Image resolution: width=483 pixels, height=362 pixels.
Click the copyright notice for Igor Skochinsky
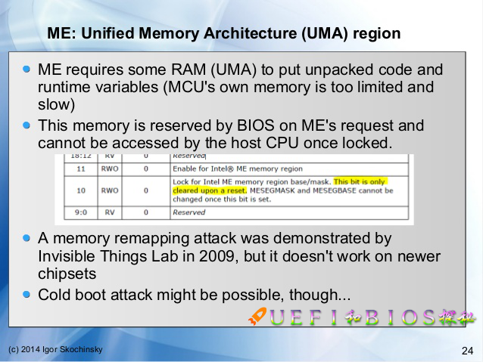click(55, 349)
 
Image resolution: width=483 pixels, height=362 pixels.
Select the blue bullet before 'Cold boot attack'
click(27, 293)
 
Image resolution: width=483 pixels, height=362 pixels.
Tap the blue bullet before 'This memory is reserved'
click(27, 125)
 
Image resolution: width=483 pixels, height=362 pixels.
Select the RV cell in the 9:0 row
click(111, 212)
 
